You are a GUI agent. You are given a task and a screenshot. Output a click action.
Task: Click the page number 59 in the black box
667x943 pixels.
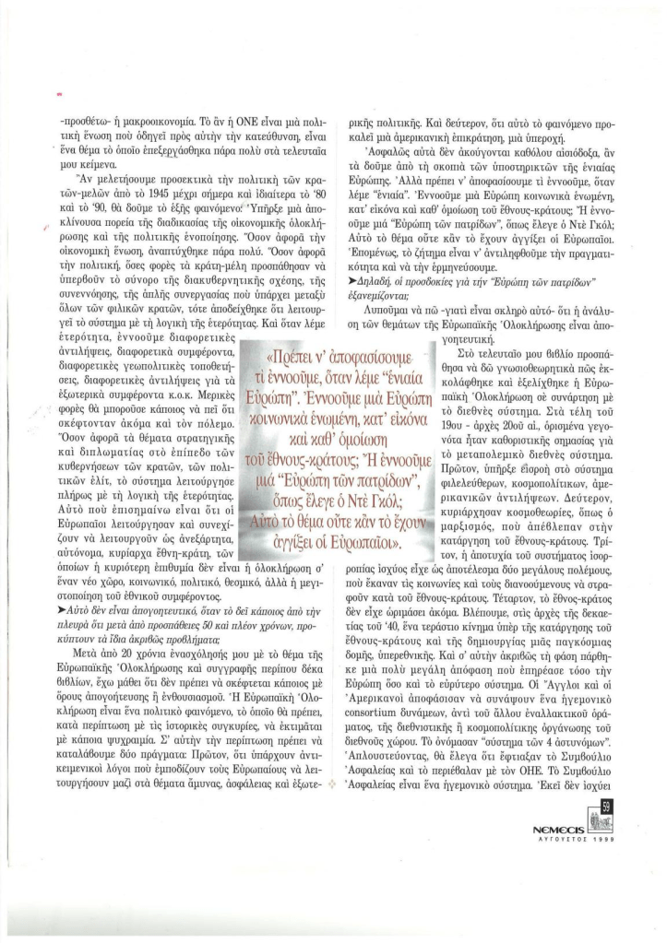pos(602,883)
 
